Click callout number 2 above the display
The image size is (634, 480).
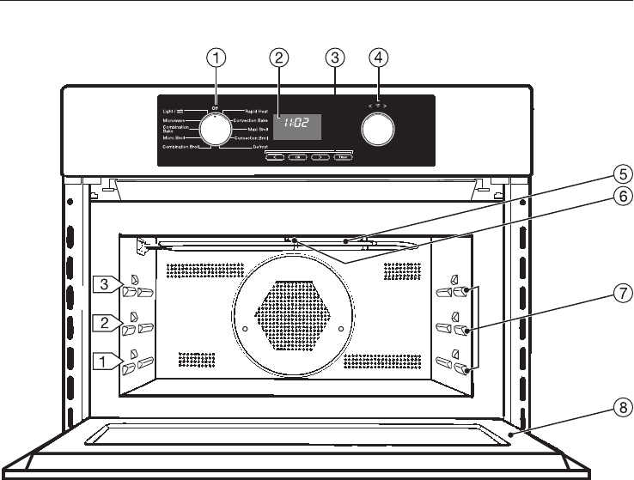(277, 58)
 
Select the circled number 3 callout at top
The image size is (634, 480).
(336, 58)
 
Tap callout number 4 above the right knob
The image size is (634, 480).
(378, 58)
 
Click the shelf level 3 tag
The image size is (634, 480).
(103, 283)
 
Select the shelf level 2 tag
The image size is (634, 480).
(103, 323)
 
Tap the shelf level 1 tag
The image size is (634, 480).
(103, 362)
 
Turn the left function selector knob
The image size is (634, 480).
(214, 130)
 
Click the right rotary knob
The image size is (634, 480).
(378, 130)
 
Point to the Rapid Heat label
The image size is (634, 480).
(259, 112)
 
